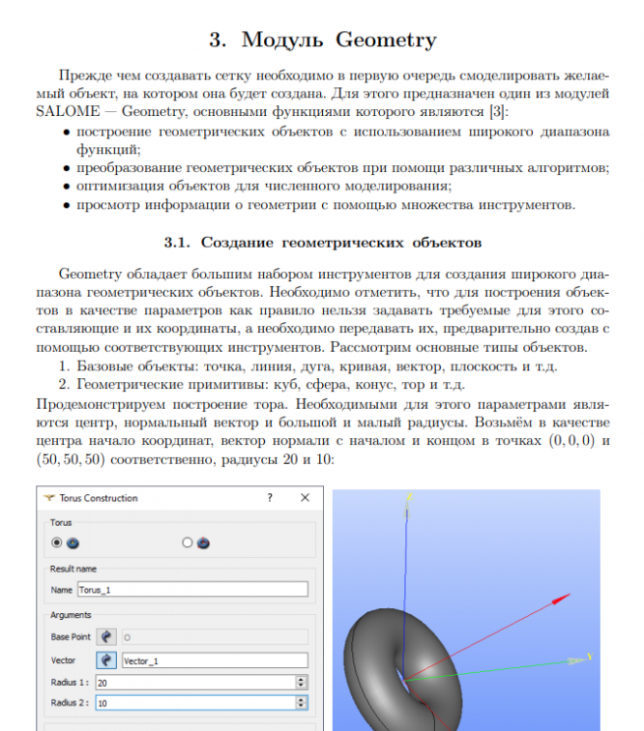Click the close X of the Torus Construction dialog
[x=306, y=498]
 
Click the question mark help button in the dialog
[x=270, y=498]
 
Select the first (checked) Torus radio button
[x=58, y=542]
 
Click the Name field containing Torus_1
[x=191, y=589]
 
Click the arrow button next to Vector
[x=105, y=660]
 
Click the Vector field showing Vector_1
[x=213, y=660]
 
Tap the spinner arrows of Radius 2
[x=302, y=703]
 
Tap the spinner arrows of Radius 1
[x=302, y=682]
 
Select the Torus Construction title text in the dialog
[x=100, y=498]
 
